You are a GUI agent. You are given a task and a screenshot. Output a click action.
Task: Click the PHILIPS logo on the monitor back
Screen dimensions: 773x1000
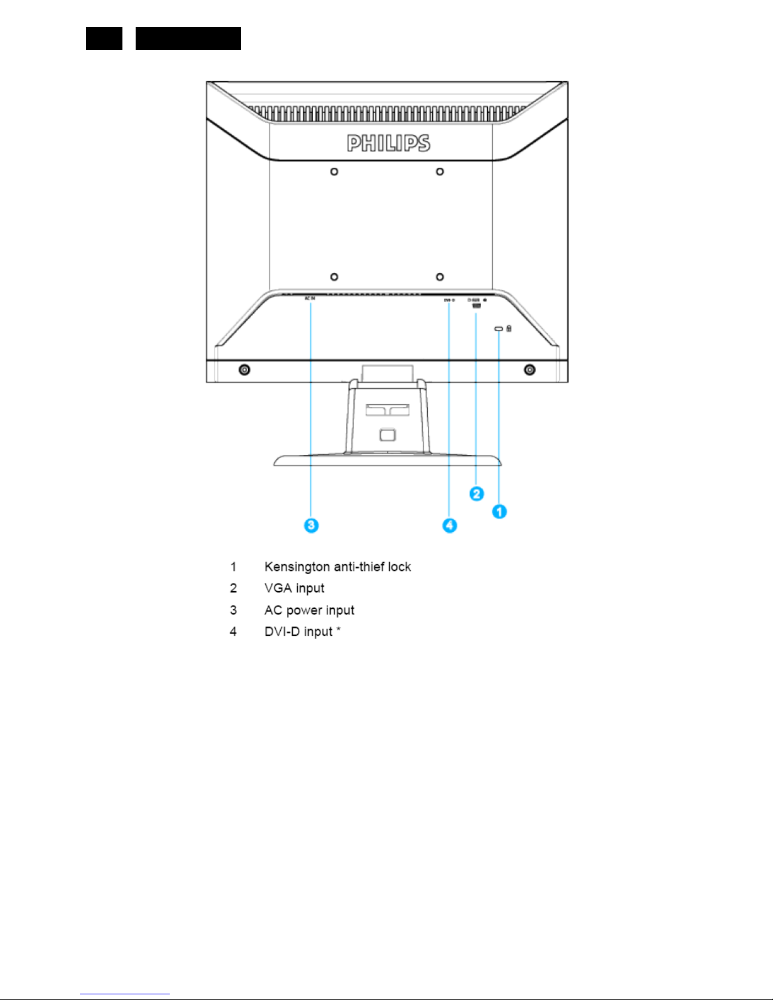click(388, 143)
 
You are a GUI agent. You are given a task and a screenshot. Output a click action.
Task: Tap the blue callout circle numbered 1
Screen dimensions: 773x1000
click(499, 511)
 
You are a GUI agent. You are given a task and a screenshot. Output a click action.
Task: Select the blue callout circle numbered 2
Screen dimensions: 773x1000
click(476, 493)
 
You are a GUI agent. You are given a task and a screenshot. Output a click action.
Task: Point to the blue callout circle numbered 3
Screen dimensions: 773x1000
click(311, 525)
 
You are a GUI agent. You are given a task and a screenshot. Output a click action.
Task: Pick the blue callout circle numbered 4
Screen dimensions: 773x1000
click(449, 525)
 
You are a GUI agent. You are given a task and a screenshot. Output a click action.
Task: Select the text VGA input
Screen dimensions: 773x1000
click(294, 588)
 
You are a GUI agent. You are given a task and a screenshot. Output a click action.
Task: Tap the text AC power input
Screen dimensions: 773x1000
click(309, 610)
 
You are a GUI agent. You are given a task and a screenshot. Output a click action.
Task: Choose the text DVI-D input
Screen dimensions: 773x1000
click(298, 632)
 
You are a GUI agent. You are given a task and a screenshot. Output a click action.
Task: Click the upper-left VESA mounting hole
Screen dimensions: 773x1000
click(334, 172)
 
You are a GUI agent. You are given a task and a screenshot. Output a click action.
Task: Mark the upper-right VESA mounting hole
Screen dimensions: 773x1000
click(440, 172)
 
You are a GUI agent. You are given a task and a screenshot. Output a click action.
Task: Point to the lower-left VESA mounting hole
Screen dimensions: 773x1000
click(334, 277)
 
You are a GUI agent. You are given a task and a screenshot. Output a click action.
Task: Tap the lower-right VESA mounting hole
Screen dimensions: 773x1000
click(440, 277)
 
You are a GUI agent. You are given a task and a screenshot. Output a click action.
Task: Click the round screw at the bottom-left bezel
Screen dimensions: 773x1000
click(244, 370)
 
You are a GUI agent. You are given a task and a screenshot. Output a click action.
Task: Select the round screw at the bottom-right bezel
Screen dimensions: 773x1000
click(530, 370)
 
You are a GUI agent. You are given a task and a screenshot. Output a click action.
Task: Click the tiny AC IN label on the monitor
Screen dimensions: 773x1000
click(309, 298)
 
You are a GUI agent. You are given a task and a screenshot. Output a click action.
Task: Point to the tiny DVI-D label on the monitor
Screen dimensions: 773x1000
click(449, 300)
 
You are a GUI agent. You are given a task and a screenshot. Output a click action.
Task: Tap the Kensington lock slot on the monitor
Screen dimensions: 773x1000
click(499, 329)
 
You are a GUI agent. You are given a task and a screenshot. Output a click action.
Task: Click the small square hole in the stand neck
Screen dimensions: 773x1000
click(387, 435)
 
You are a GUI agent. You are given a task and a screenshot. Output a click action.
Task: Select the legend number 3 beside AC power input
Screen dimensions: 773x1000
click(233, 610)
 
